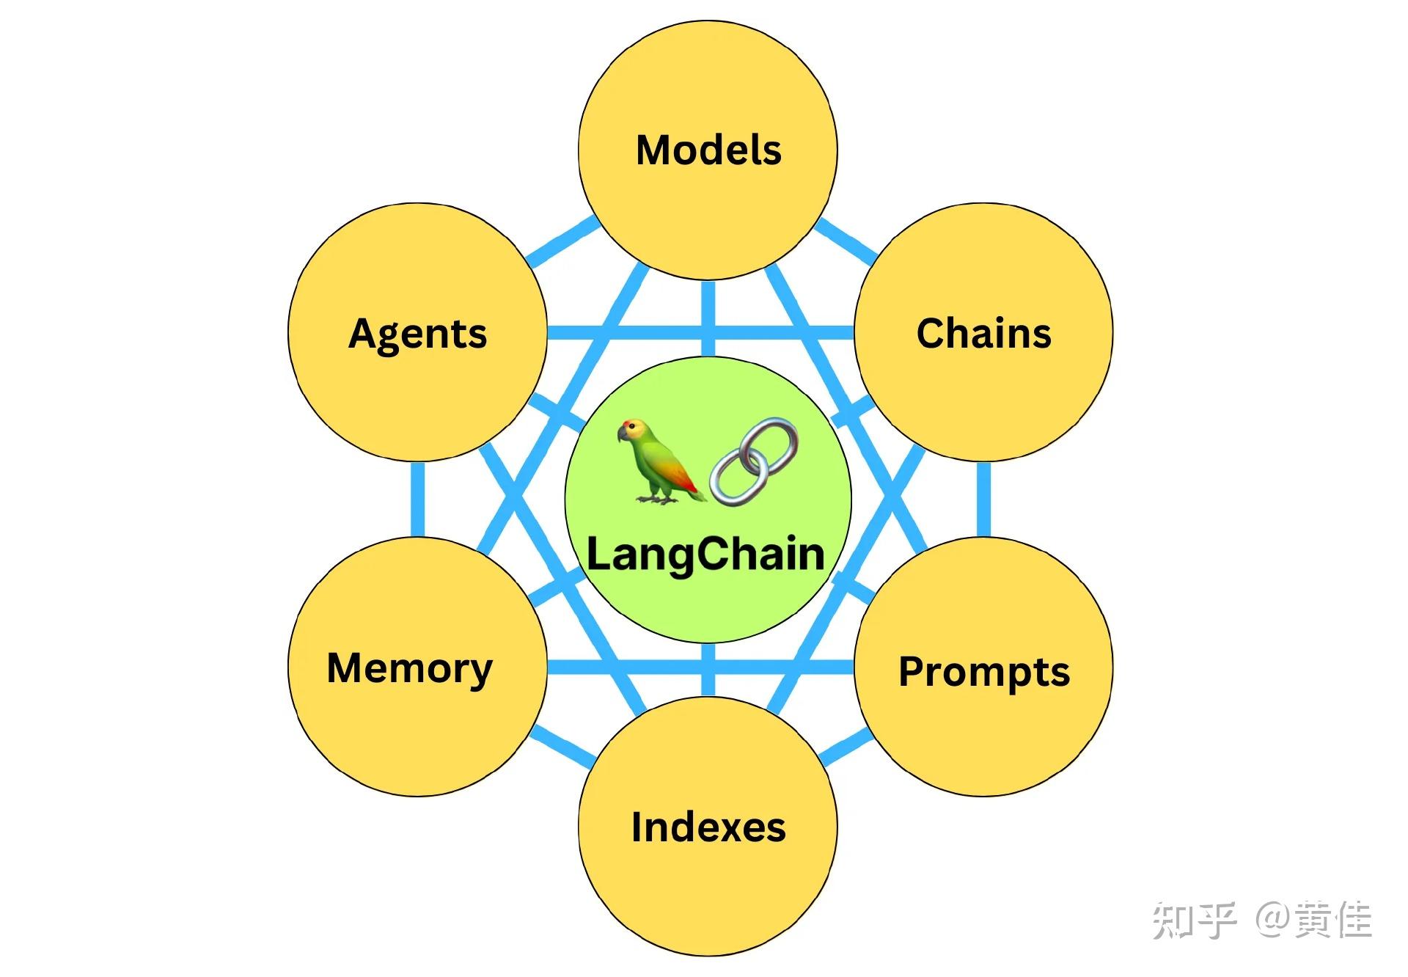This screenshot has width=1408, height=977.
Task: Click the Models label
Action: pyautogui.click(x=708, y=150)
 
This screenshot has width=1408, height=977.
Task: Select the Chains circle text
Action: pyautogui.click(x=983, y=334)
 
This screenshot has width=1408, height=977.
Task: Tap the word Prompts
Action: pyautogui.click(x=984, y=672)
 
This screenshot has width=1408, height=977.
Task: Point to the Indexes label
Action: pyautogui.click(x=708, y=827)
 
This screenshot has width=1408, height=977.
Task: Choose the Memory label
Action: pyautogui.click(x=410, y=668)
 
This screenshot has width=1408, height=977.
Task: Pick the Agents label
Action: pyautogui.click(x=417, y=334)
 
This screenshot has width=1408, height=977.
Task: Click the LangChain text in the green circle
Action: pyautogui.click(x=706, y=555)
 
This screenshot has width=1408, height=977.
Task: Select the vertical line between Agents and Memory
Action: pyautogui.click(x=417, y=500)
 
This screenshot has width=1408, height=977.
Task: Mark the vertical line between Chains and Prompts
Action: pyautogui.click(x=983, y=500)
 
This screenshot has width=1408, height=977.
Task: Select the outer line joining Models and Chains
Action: pyautogui.click(x=846, y=240)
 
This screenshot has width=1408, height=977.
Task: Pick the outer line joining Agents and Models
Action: pyautogui.click(x=563, y=240)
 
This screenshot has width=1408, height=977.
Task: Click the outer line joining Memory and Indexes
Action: pyautogui.click(x=563, y=746)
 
